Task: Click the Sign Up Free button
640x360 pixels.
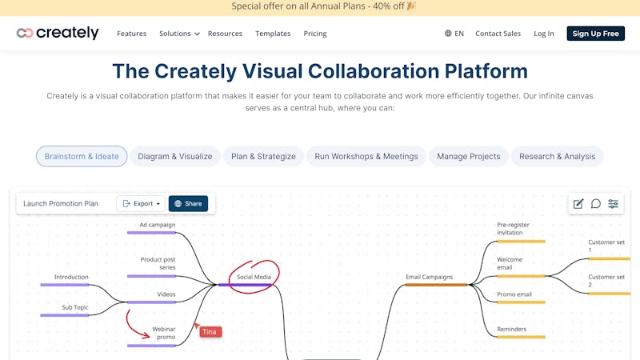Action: pos(595,34)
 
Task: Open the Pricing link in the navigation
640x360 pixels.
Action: pos(315,34)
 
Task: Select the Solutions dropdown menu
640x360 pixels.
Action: pos(179,34)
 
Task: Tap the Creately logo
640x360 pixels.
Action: pos(58,33)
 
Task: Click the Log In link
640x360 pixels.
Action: pos(544,34)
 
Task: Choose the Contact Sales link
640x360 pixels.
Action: pos(498,34)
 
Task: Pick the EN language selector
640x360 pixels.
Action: pos(454,34)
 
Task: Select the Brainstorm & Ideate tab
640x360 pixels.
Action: pos(82,156)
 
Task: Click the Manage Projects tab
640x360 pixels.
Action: pos(469,156)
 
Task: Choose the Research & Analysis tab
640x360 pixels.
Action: pos(557,156)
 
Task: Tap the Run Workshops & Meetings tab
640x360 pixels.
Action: pos(366,156)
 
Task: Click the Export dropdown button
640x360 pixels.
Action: pos(141,204)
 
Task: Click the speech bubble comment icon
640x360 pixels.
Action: pos(596,204)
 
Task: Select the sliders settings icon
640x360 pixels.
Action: pos(613,204)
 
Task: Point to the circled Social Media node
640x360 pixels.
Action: pos(254,277)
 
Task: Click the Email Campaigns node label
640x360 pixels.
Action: pos(430,277)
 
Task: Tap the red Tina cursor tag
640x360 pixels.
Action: pos(210,332)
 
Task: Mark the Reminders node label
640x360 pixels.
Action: pos(512,329)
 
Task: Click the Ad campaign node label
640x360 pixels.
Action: pos(158,225)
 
